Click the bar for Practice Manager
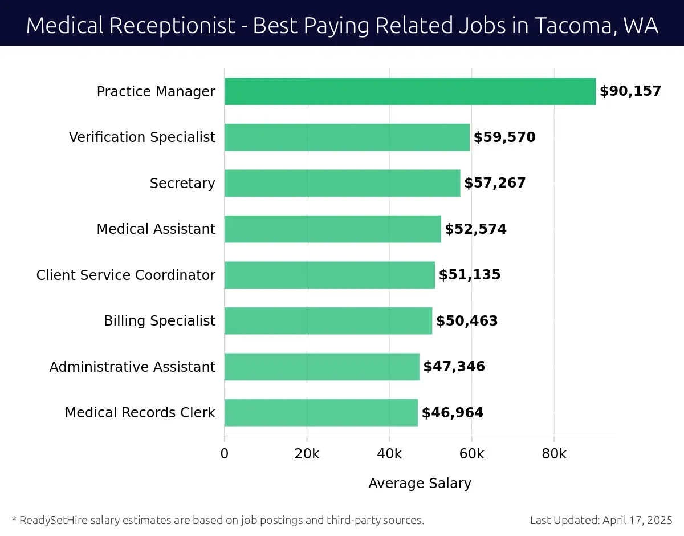point(410,91)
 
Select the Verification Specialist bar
point(347,137)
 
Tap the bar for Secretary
point(342,183)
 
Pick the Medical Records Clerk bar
point(321,412)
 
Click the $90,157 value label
point(630,91)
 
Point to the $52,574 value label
point(475,229)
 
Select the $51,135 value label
point(469,275)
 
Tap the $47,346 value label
point(454,367)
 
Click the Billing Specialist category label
point(160,321)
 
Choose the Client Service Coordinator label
point(126,275)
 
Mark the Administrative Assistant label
point(132,367)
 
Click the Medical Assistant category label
point(156,229)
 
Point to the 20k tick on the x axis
point(307,454)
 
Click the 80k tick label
point(554,454)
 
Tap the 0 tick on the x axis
point(225,454)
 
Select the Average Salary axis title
point(420,484)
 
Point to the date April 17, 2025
point(637,520)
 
